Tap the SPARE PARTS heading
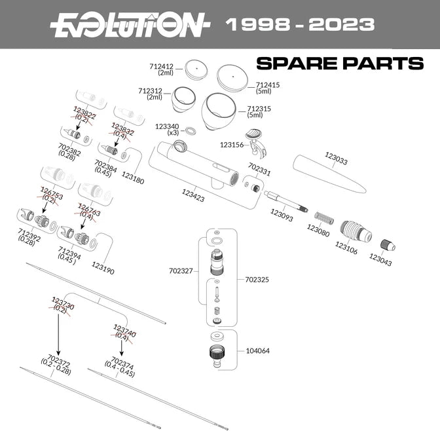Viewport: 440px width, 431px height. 339,64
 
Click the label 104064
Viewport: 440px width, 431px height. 258,350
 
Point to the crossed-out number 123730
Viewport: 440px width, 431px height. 63,303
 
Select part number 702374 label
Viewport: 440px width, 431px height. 123,364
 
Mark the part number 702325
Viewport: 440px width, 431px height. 256,279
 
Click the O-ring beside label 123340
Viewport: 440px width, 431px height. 191,131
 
